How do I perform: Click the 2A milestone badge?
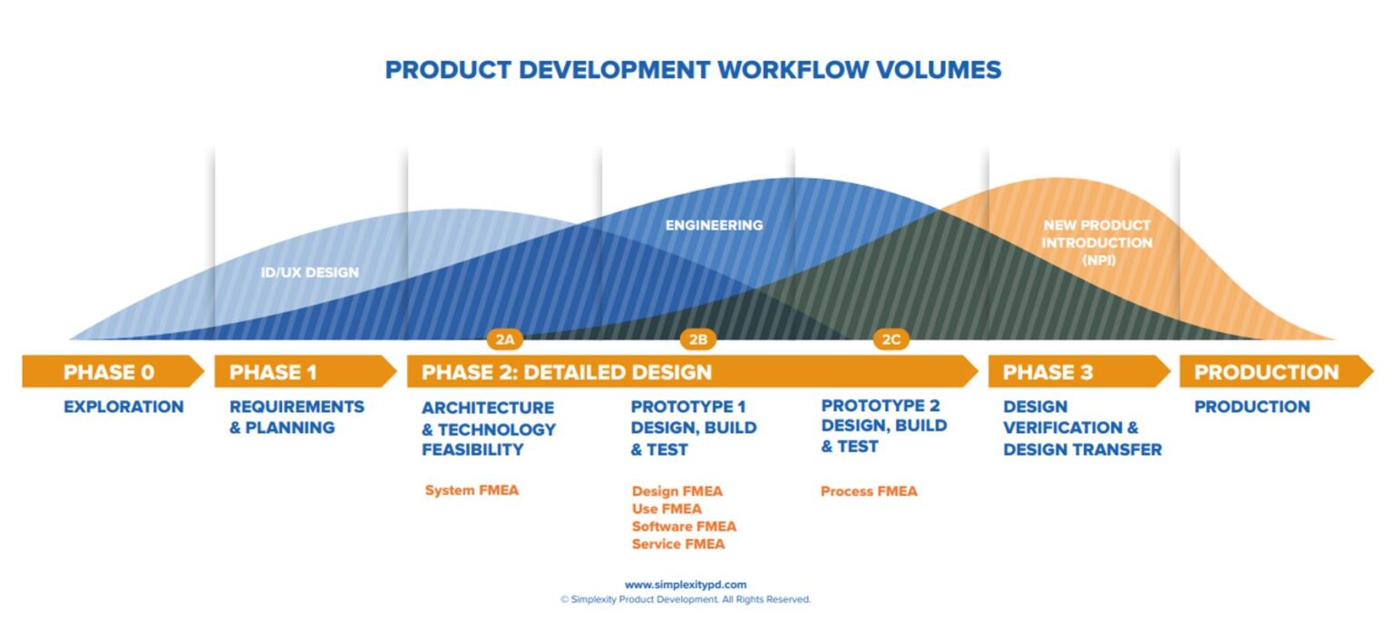505,339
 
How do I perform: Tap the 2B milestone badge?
697,339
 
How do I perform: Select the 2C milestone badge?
891,339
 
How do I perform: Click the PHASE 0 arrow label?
109,372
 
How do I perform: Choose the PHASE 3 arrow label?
1047,372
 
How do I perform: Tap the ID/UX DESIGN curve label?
310,272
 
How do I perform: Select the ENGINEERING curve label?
714,225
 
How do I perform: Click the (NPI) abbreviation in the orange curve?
1096,260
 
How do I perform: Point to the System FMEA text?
472,491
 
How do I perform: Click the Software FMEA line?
684,526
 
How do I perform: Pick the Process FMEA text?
869,491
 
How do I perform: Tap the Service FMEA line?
678,544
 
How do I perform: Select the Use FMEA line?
667,509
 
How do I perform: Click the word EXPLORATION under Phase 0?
123,406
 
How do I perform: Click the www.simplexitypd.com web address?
686,585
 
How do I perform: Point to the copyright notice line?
686,600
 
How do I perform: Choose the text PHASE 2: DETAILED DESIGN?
567,372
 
